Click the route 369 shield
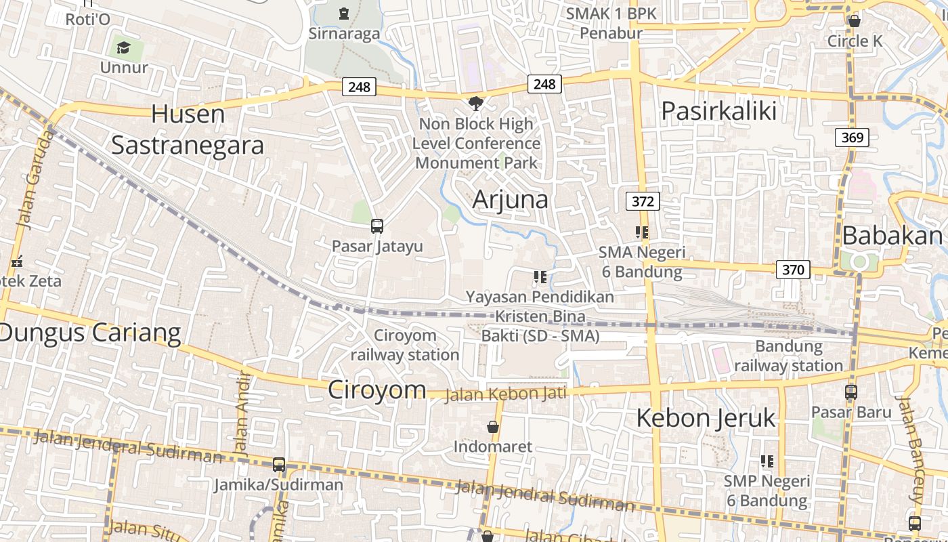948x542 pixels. [x=852, y=138]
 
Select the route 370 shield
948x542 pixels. [x=792, y=270]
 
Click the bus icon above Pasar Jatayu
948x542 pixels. [x=377, y=226]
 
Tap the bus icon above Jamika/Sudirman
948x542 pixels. [x=278, y=465]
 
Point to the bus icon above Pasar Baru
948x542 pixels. [x=850, y=392]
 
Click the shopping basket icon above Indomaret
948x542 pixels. [x=493, y=427]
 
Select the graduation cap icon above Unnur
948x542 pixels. [x=123, y=47]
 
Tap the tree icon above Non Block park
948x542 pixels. [x=476, y=103]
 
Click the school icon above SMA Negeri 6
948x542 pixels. [x=642, y=233]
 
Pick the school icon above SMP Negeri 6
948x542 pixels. [x=767, y=461]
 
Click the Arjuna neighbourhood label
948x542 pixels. [x=510, y=199]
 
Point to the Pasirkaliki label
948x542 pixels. [x=718, y=110]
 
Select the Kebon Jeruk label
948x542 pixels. [x=706, y=417]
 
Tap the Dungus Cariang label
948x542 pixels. [x=91, y=333]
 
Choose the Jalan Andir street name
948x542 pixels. [x=241, y=413]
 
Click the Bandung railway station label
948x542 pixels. [x=788, y=356]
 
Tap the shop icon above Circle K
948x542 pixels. [x=855, y=21]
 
